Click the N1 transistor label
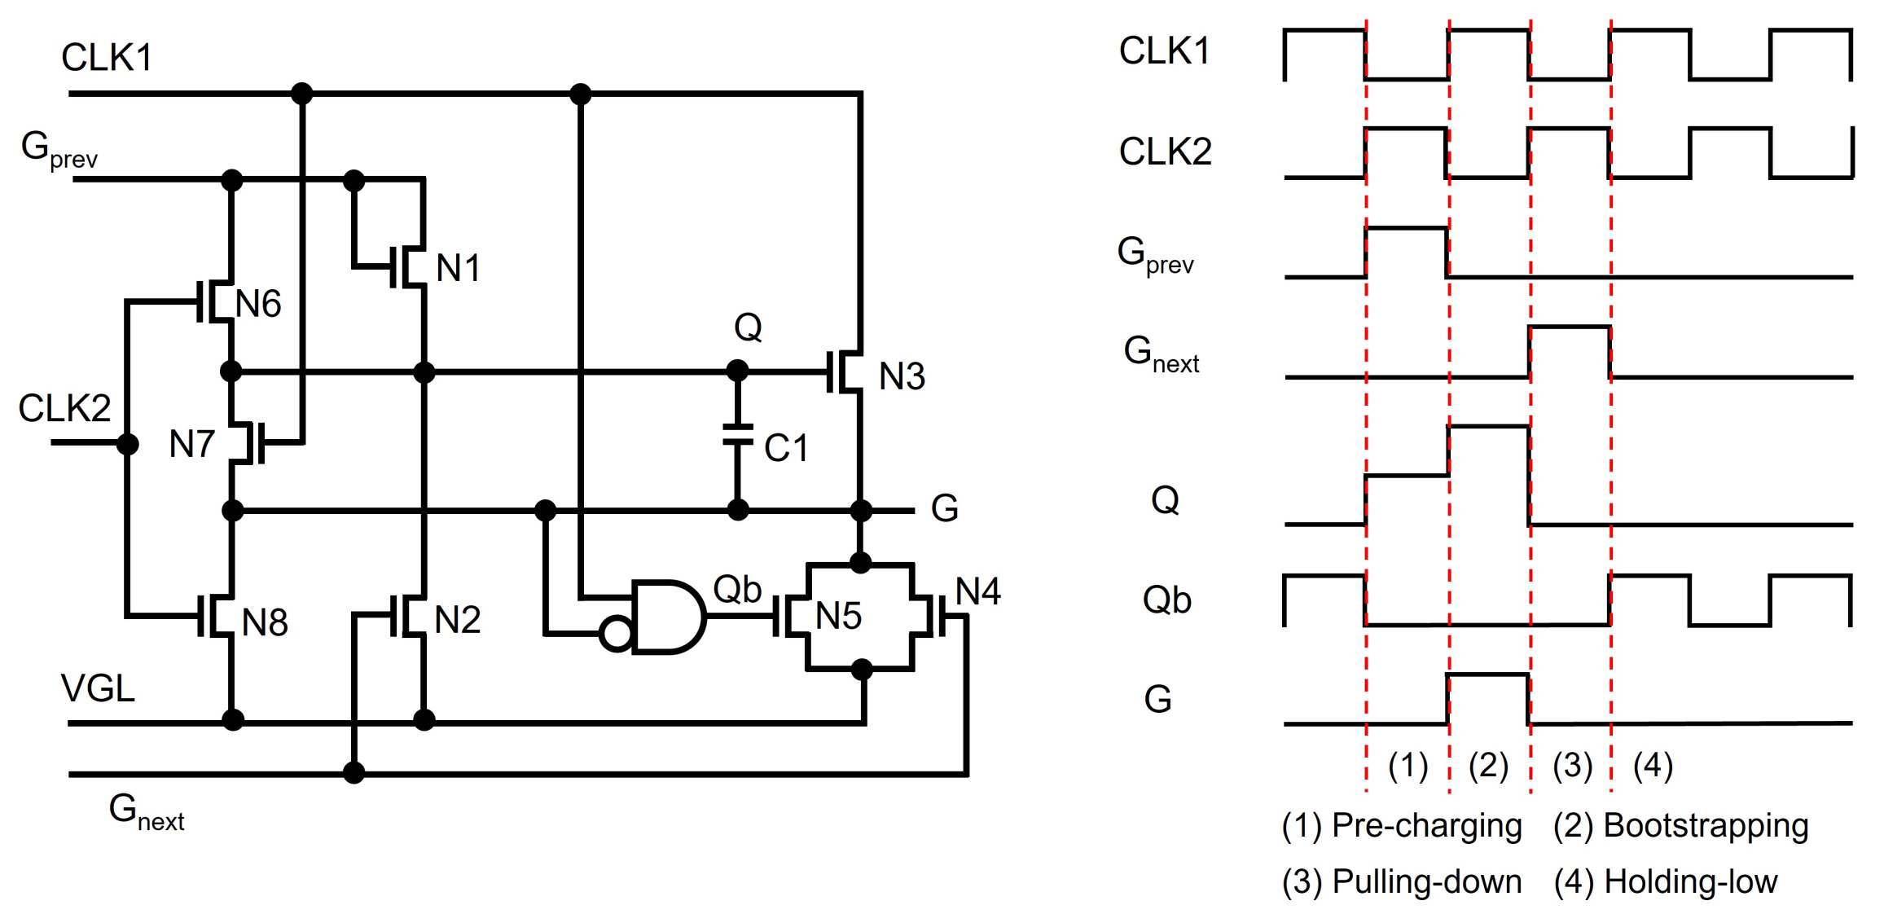(458, 268)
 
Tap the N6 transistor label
(258, 305)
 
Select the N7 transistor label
(191, 445)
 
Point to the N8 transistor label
(265, 623)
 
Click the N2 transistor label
(457, 621)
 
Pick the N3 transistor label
(902, 377)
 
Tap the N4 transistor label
(977, 591)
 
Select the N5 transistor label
(838, 617)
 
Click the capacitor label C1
(786, 448)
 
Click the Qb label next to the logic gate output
(737, 589)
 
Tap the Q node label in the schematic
(748, 327)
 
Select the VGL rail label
(98, 689)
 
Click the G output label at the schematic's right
(944, 509)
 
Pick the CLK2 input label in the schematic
(64, 408)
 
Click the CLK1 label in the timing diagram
(1164, 51)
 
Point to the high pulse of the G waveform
(1488, 675)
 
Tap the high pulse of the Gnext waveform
(1570, 327)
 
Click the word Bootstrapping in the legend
(1706, 826)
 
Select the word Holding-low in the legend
(1690, 882)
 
